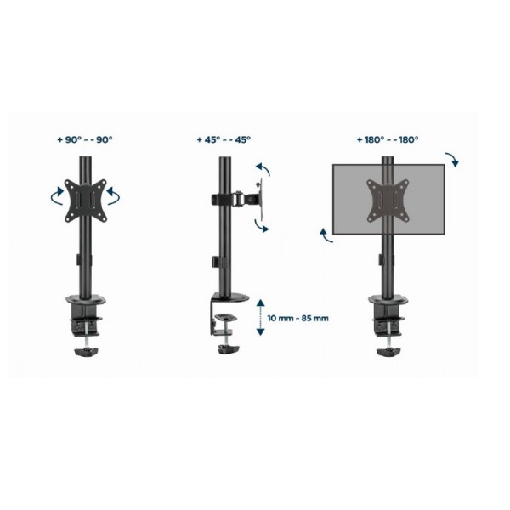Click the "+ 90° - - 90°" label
click(85, 140)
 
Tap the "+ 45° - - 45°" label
click(224, 140)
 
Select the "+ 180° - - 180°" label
click(388, 140)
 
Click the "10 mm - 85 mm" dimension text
click(298, 318)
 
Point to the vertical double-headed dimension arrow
click(261, 317)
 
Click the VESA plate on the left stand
click(86, 201)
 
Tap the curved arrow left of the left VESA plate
click(57, 196)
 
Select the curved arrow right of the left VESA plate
click(114, 195)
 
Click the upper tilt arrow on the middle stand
click(263, 169)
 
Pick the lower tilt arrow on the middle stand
click(262, 226)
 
